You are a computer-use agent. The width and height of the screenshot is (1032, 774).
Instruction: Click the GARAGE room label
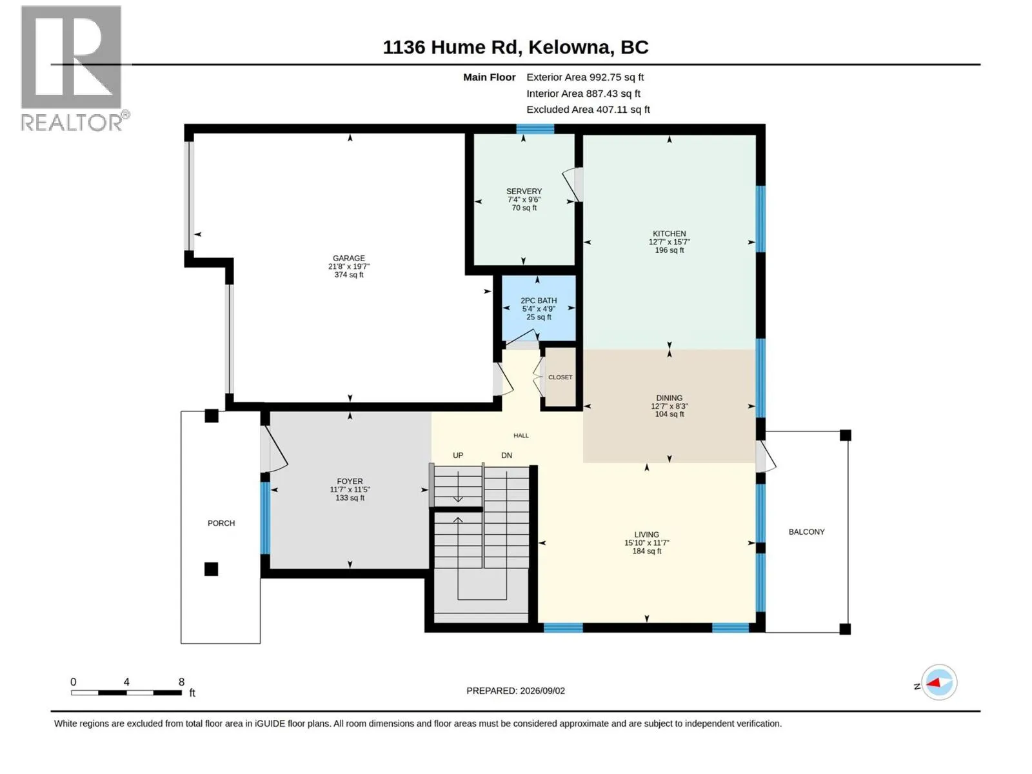[x=348, y=258]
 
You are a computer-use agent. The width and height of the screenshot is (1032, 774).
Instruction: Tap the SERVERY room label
[x=524, y=192]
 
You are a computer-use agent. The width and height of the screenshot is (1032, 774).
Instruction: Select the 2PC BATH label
[x=539, y=301]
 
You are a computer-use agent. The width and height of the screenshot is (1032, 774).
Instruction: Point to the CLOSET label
[x=560, y=377]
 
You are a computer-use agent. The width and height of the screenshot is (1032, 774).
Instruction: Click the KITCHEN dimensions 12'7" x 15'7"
[x=669, y=242]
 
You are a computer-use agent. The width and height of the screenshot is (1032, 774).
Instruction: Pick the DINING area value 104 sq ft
[x=669, y=414]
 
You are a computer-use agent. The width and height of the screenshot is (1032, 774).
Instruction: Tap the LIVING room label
[x=646, y=534]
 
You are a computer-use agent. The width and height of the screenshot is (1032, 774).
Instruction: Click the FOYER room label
[x=350, y=481]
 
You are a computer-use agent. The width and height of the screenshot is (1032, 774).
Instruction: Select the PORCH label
[x=221, y=523]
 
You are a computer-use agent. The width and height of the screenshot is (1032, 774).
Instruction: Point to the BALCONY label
[x=806, y=531]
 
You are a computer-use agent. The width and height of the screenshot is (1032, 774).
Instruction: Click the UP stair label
[x=458, y=455]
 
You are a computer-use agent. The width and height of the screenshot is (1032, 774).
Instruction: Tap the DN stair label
[x=506, y=455]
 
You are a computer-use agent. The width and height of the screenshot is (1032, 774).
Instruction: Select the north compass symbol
[x=939, y=682]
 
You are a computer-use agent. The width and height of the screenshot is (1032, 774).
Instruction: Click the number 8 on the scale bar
[x=181, y=682]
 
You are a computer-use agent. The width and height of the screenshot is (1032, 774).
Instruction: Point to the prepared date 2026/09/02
[x=542, y=691]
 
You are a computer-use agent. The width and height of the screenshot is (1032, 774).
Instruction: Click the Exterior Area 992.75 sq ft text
[x=585, y=77]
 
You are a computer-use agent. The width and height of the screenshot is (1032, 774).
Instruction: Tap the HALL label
[x=521, y=435]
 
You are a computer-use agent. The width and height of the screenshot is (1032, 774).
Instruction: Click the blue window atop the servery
[x=535, y=129]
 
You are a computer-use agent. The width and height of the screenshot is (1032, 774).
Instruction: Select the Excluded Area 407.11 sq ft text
[x=588, y=110]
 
